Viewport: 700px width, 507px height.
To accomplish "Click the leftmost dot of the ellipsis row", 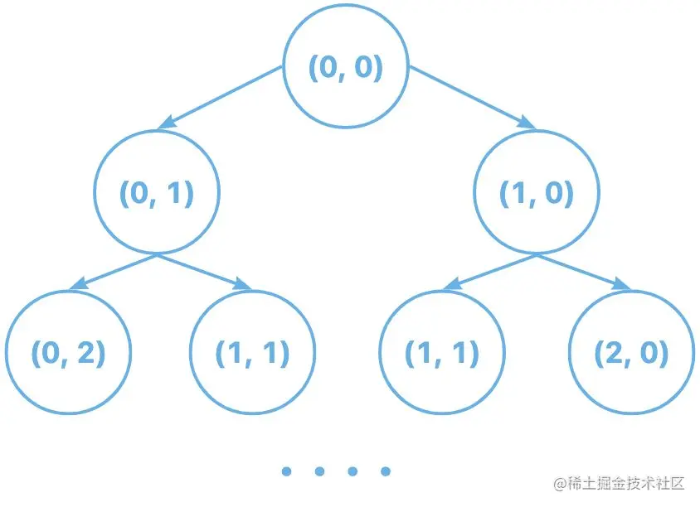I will (286, 471).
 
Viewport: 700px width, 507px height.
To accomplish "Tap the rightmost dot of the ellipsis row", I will (385, 471).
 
